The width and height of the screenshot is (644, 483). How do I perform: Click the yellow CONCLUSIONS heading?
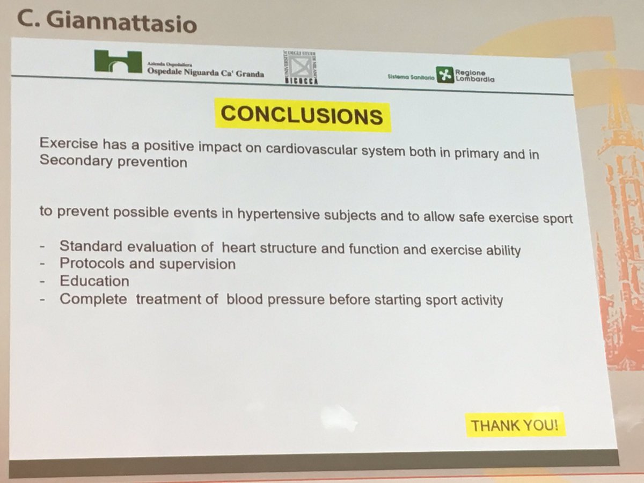pyautogui.click(x=302, y=114)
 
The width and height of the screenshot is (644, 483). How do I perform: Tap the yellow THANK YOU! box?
pyautogui.click(x=514, y=426)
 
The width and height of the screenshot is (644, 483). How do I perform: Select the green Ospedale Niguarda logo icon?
pyautogui.click(x=118, y=62)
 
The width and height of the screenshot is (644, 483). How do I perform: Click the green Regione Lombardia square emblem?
pyautogui.click(x=444, y=75)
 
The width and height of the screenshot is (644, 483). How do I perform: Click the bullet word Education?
pyautogui.click(x=94, y=281)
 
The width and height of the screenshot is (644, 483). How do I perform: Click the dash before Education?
pyautogui.click(x=42, y=281)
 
